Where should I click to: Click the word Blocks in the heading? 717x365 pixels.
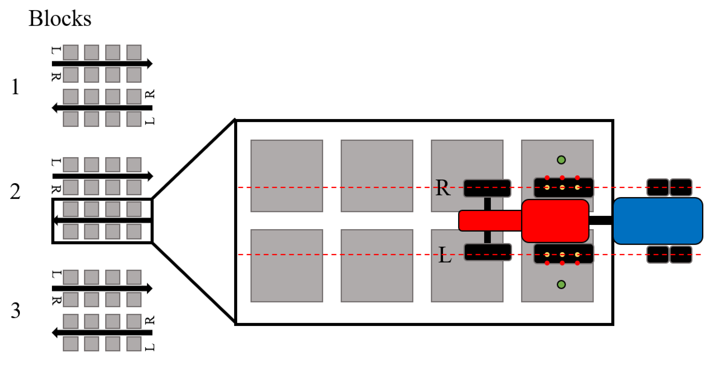[x=60, y=19]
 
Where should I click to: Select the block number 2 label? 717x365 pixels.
[x=15, y=192]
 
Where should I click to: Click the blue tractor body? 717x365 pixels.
[x=658, y=221]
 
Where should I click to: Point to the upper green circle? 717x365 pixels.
[x=561, y=160]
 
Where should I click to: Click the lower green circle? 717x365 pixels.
[x=561, y=285]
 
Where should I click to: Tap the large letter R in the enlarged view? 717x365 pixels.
[x=443, y=188]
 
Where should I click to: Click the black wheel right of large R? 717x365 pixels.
[x=487, y=188]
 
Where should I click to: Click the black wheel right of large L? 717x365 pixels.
[x=488, y=252]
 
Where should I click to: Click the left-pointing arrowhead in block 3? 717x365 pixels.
[x=55, y=333]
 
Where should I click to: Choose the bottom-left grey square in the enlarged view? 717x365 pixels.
[x=287, y=265]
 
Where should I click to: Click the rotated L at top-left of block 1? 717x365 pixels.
[x=56, y=50]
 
